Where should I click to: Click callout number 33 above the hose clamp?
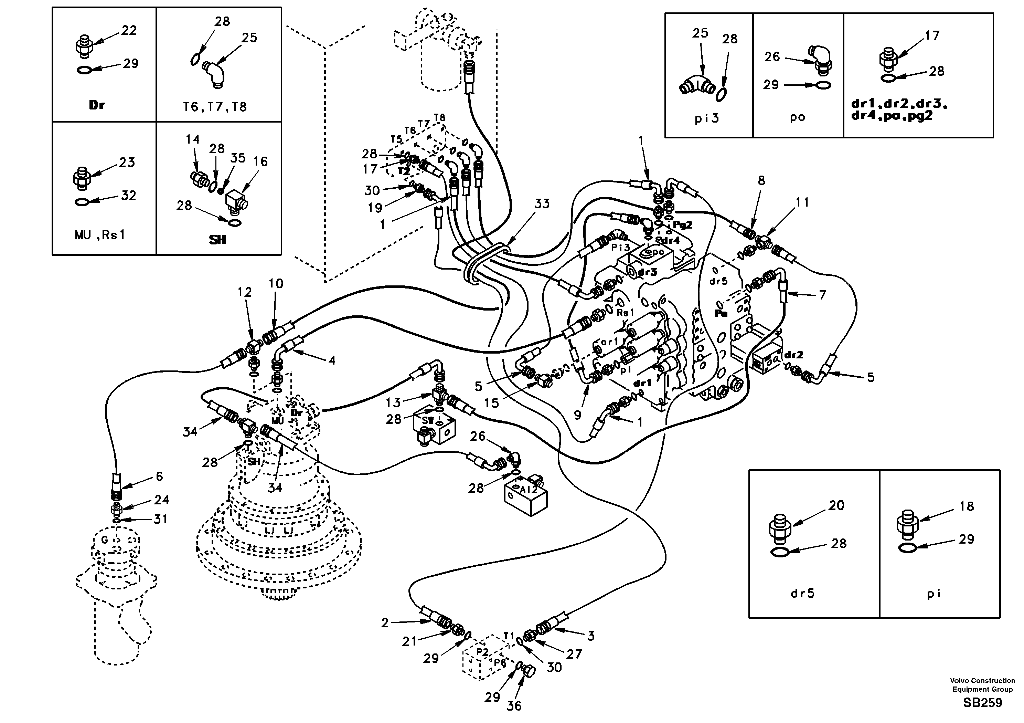pyautogui.click(x=542, y=204)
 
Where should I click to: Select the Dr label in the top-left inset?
pyautogui.click(x=97, y=105)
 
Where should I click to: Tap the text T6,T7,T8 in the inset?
pyautogui.click(x=214, y=107)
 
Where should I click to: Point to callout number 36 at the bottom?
pyautogui.click(x=514, y=706)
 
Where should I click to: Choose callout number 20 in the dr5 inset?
pyautogui.click(x=836, y=506)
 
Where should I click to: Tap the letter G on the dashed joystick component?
pyautogui.click(x=104, y=541)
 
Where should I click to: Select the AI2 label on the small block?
pyautogui.click(x=529, y=489)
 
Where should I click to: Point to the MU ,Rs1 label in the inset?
pyautogui.click(x=100, y=235)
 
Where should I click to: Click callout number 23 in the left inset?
pyautogui.click(x=127, y=163)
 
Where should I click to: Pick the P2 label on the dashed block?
pyautogui.click(x=482, y=652)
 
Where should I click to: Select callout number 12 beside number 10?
pyautogui.click(x=244, y=292)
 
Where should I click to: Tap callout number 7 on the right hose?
pyautogui.click(x=822, y=295)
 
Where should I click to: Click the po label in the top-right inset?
pyautogui.click(x=798, y=118)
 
